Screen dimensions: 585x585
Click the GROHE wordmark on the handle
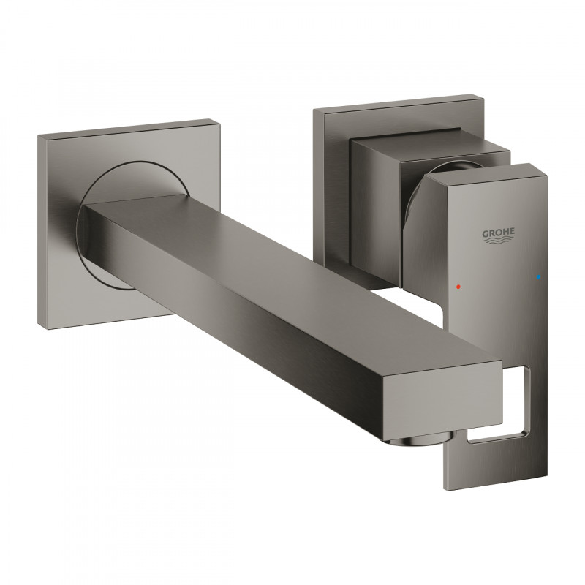(499, 233)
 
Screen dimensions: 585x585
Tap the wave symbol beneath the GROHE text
(499, 242)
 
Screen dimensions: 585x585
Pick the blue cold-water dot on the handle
(540, 278)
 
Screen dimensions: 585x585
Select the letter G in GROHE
(484, 233)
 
